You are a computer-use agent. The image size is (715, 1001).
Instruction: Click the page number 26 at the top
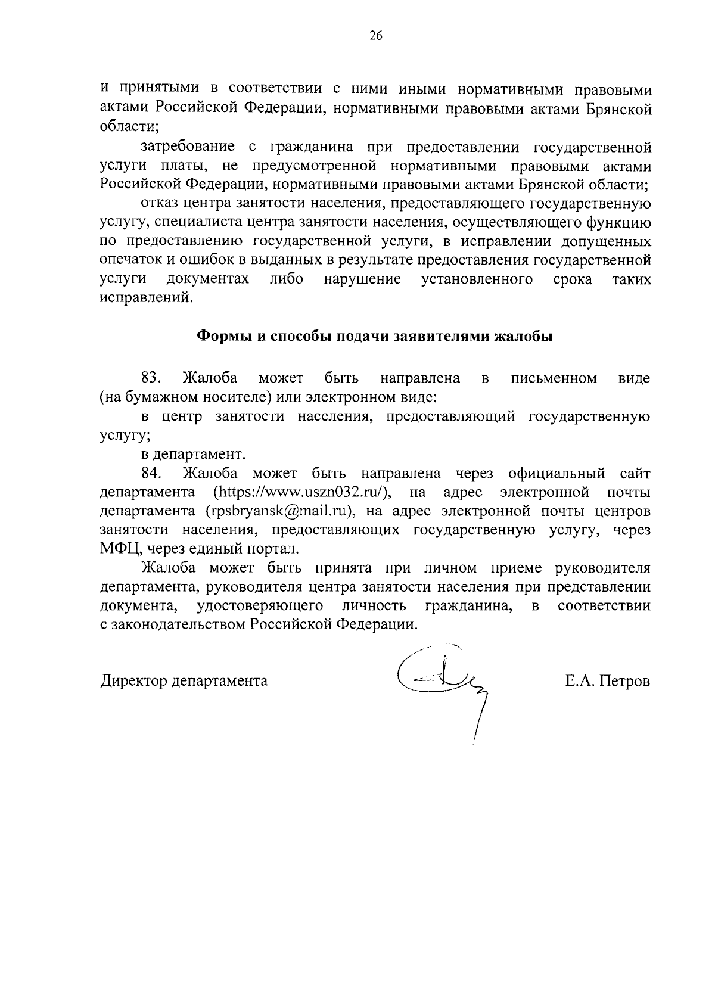point(375,36)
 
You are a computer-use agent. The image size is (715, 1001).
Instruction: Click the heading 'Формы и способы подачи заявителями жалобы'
point(375,336)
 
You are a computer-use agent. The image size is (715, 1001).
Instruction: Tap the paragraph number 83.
point(152,378)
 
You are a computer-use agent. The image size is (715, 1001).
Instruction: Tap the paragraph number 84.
point(152,473)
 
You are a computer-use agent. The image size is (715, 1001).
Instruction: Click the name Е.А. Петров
point(608,680)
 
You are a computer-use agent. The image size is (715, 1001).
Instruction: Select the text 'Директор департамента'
point(184,680)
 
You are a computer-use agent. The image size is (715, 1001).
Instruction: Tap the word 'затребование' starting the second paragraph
point(187,147)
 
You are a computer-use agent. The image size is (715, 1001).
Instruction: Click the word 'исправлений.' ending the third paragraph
point(147,298)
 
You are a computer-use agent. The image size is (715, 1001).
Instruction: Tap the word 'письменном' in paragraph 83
point(554,378)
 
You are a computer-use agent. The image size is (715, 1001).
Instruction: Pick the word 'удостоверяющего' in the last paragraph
point(260,606)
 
